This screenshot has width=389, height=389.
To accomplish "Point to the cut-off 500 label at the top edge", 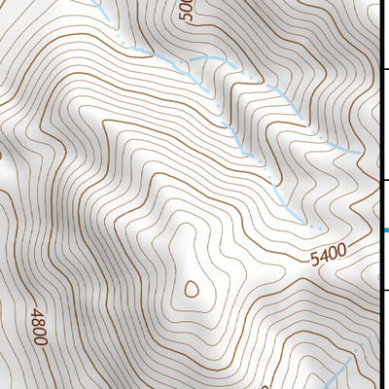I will [x=188, y=11].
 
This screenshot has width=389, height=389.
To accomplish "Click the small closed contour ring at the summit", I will [x=191, y=288].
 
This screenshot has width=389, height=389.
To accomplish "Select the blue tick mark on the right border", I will [x=385, y=230].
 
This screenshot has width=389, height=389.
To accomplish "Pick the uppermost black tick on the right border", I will [x=384, y=69].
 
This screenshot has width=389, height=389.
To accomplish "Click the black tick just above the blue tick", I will [x=384, y=181].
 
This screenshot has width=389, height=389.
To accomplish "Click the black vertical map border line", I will [x=378, y=194].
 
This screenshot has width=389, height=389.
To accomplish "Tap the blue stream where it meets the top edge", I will [x=96, y=3].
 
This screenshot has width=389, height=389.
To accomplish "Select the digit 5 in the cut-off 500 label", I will [x=188, y=18].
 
